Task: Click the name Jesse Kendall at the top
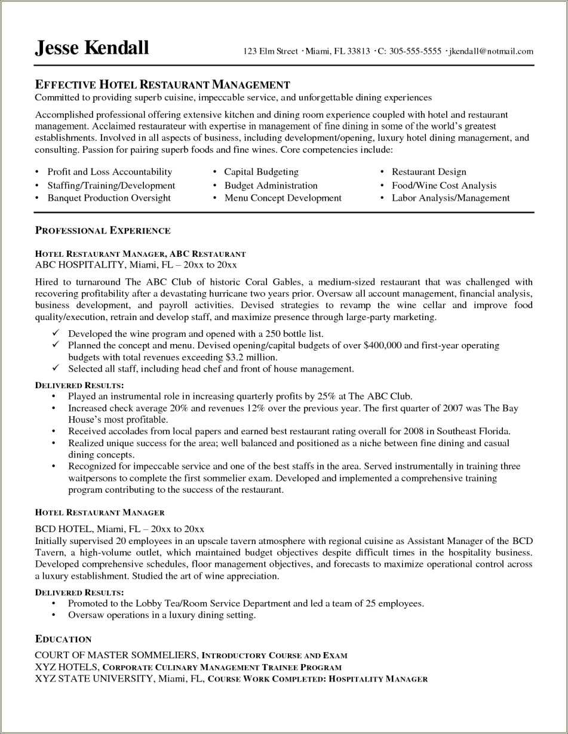pyautogui.click(x=92, y=47)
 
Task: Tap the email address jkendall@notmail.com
pyautogui.click(x=491, y=51)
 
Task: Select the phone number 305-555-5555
pyautogui.click(x=415, y=51)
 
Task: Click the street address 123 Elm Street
pyautogui.click(x=270, y=51)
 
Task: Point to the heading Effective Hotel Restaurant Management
pyautogui.click(x=162, y=85)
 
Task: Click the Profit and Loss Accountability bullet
pyautogui.click(x=110, y=172)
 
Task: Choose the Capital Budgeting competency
pyautogui.click(x=261, y=172)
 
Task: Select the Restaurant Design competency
pyautogui.click(x=429, y=172)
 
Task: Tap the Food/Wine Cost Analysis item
pyautogui.click(x=444, y=185)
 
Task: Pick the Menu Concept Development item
pyautogui.click(x=283, y=198)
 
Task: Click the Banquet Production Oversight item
pyautogui.click(x=109, y=198)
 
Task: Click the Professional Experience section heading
pyautogui.click(x=103, y=231)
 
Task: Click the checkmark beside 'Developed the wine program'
pyautogui.click(x=55, y=333)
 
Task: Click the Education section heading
pyautogui.click(x=63, y=639)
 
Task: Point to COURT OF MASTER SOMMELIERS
pyautogui.click(x=116, y=655)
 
